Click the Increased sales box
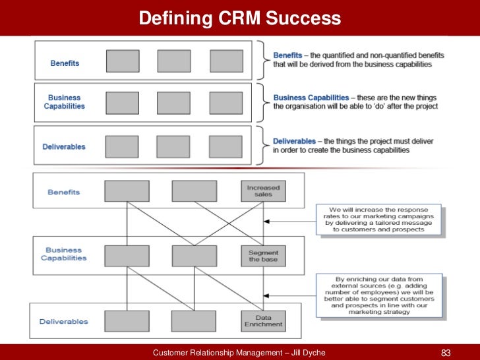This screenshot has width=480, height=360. (x=263, y=191)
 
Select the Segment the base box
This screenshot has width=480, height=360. (x=263, y=255)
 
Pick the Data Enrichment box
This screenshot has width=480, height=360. (x=263, y=320)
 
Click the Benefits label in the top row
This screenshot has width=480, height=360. (x=65, y=63)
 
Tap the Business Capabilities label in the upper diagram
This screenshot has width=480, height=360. (x=65, y=102)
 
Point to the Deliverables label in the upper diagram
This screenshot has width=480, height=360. (x=65, y=146)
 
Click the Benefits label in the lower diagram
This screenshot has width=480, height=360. (x=63, y=192)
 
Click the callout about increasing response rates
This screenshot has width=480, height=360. (x=378, y=220)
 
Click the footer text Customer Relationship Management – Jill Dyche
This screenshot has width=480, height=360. (x=239, y=353)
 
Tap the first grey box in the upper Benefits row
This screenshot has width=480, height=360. (x=123, y=61)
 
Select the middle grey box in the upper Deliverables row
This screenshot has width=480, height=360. (x=173, y=146)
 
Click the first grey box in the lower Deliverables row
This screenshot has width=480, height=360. (x=122, y=320)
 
